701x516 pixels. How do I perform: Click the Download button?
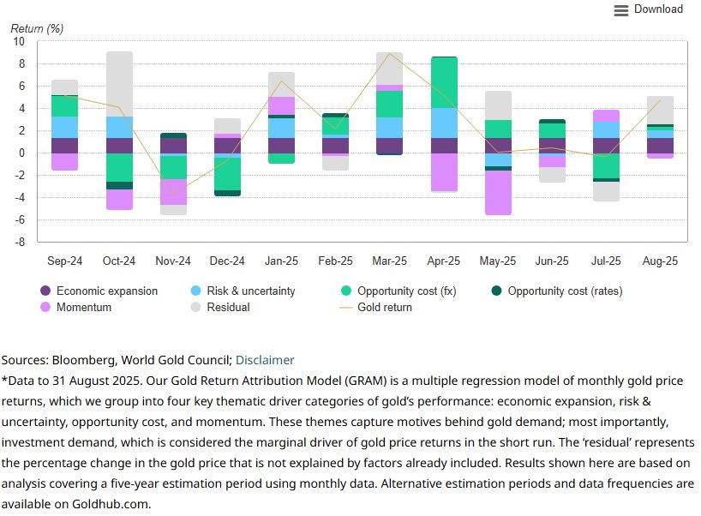click(x=657, y=9)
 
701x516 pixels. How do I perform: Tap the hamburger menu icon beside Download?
click(x=621, y=10)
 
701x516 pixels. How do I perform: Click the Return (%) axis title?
click(x=37, y=27)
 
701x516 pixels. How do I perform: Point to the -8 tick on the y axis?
click(x=18, y=243)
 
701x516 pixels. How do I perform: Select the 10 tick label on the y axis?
click(x=18, y=42)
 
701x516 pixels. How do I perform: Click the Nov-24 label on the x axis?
click(x=172, y=261)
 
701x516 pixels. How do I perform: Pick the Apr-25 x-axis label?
click(x=444, y=261)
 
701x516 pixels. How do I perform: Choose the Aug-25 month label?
click(x=661, y=261)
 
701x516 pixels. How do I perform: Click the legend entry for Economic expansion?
click(x=106, y=291)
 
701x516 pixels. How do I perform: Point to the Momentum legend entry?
click(x=83, y=307)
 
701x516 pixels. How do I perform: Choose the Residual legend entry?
click(x=228, y=307)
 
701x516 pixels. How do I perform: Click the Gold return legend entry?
click(x=384, y=307)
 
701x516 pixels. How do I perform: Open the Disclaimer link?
click(x=265, y=360)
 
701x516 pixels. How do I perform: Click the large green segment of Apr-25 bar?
click(x=444, y=82)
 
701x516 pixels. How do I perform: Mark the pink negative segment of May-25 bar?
click(x=498, y=193)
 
